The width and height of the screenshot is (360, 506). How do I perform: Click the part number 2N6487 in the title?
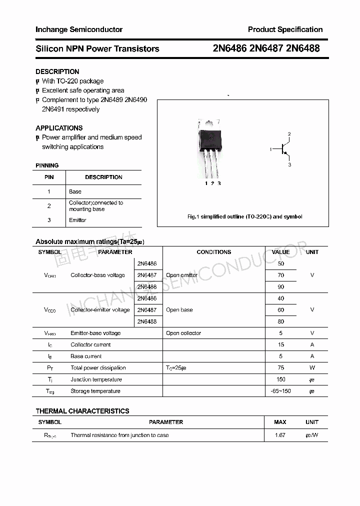tap(266, 48)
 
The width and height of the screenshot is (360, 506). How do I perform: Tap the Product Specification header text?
tap(285, 29)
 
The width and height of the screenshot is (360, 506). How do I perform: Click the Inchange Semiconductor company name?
tap(79, 29)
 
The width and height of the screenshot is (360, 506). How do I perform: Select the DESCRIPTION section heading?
tap(57, 71)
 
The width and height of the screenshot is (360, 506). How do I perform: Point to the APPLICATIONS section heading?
tap(59, 128)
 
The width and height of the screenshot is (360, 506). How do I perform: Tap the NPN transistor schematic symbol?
tap(283, 149)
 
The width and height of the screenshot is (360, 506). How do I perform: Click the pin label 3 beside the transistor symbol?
tap(289, 165)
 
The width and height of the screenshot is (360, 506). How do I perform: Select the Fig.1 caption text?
tap(244, 216)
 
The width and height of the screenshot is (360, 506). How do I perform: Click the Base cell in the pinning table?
tap(75, 191)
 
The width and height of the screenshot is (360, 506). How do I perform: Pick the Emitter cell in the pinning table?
tap(77, 220)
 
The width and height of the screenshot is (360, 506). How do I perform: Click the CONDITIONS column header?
tap(213, 252)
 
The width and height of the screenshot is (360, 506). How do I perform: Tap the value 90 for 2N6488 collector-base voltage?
tap(280, 287)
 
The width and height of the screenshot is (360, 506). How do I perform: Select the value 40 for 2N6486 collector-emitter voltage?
tap(280, 298)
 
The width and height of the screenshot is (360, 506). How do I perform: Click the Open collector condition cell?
tap(183, 333)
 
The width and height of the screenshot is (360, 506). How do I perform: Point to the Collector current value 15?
tap(280, 344)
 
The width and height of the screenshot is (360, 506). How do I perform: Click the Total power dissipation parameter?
tap(98, 367)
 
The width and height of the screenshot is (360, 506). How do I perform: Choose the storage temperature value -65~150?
tap(280, 391)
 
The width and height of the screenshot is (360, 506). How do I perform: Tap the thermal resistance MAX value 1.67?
tap(280, 435)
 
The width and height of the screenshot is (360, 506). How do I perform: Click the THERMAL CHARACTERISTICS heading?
tap(82, 411)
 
